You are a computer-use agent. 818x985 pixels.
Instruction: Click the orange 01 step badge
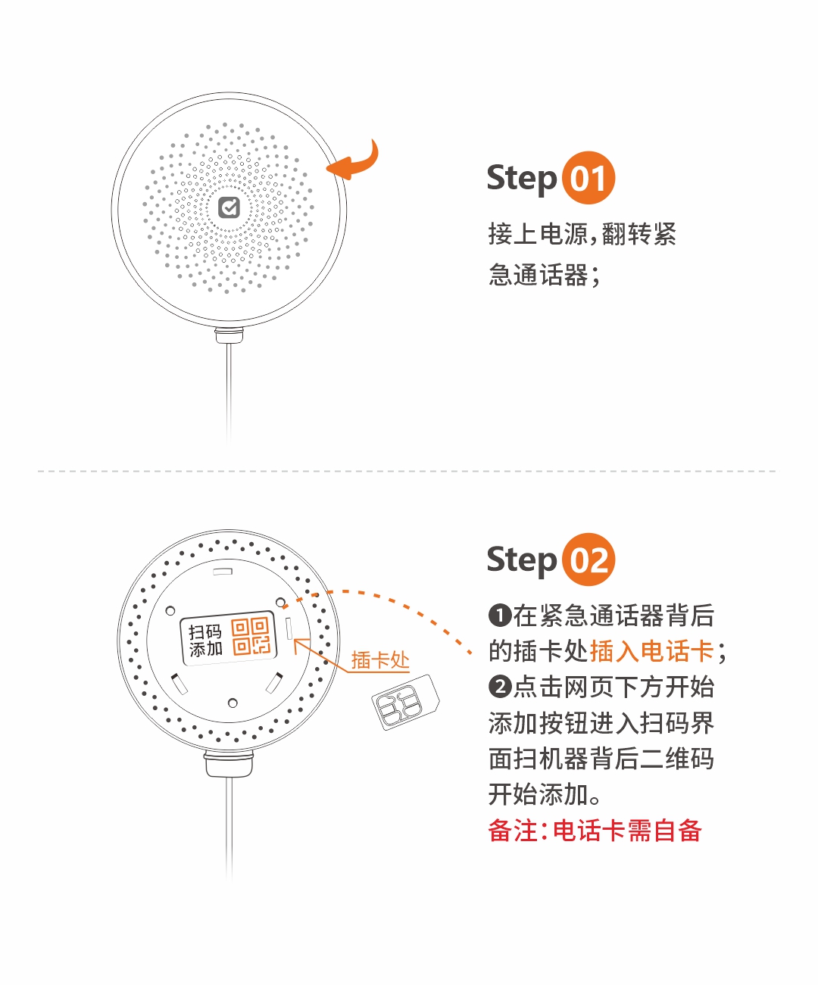coord(589,178)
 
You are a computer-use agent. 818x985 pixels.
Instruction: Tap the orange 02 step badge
coord(589,560)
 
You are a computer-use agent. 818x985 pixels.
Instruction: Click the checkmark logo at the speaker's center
coord(229,207)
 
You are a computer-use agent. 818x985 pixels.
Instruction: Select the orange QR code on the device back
coord(251,637)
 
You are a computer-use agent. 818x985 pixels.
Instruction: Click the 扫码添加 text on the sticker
coord(205,641)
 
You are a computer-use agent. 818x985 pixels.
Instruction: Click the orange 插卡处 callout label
coord(380,660)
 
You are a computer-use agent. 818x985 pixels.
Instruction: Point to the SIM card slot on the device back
coord(289,628)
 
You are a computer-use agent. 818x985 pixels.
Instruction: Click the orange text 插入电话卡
coord(652,651)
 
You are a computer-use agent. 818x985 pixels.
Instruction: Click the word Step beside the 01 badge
coord(522,179)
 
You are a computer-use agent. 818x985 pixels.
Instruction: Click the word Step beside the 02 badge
coord(522,560)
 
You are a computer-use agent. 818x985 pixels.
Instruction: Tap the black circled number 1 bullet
coord(500,616)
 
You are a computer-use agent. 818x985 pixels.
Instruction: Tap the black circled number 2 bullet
coord(500,687)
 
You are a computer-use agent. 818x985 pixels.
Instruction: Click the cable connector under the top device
coord(229,335)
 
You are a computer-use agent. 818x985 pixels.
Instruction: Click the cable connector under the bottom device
coord(229,764)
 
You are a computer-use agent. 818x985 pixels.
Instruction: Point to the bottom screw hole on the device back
coord(233,703)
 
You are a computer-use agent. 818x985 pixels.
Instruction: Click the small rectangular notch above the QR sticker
coord(223,572)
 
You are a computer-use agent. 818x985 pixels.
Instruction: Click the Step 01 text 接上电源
coord(538,234)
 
